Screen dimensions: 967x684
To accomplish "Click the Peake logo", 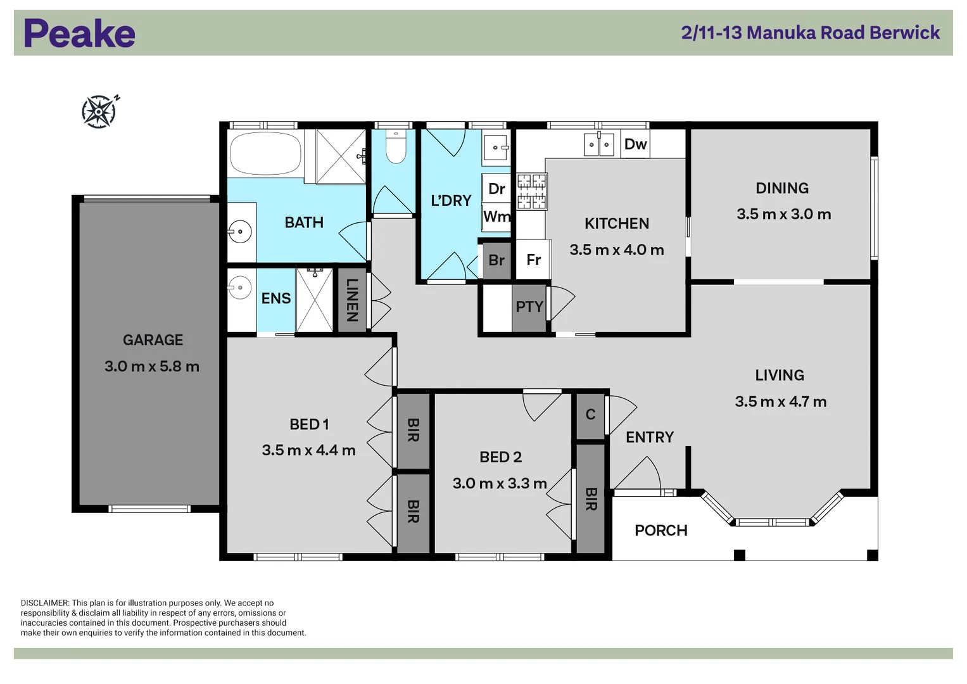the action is click(79, 33).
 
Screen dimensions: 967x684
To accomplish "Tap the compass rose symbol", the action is click(100, 111).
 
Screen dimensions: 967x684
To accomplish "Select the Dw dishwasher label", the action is click(635, 144).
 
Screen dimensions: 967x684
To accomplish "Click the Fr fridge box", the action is click(534, 260).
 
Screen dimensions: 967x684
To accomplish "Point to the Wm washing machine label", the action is click(497, 216).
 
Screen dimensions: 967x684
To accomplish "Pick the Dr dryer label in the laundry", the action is click(496, 189).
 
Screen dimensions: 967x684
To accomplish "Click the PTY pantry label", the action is click(529, 307).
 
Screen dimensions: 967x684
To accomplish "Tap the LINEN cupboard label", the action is click(352, 300).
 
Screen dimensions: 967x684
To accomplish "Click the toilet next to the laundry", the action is click(395, 147).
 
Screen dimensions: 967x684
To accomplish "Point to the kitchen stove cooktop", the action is click(531, 191).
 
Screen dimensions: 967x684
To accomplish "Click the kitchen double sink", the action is click(599, 144).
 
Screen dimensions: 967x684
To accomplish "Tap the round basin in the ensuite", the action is click(239, 287).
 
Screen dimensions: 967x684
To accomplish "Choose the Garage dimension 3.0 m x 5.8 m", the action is click(152, 367).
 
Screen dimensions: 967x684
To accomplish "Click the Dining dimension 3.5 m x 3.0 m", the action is click(783, 214).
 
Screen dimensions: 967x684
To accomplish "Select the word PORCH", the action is click(661, 530).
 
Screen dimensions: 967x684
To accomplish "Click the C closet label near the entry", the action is click(591, 415).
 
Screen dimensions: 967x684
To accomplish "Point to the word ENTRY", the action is click(650, 438).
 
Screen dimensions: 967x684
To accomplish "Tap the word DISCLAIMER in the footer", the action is click(45, 603).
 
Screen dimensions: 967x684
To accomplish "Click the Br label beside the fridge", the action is click(496, 260).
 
